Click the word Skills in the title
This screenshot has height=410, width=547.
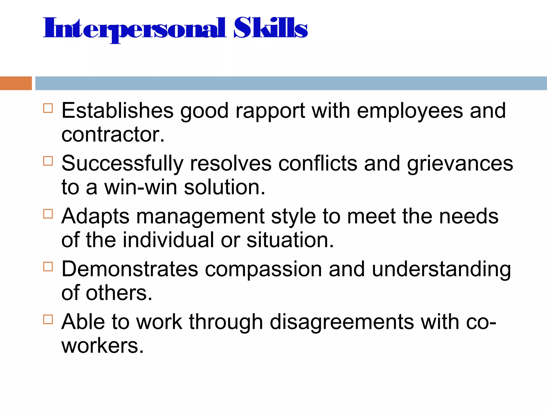(x=271, y=28)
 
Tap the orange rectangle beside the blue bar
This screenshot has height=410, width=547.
(x=16, y=83)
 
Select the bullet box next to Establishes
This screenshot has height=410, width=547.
(x=48, y=108)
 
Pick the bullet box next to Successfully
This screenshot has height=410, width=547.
(x=48, y=161)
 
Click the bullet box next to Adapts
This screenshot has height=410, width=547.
(x=48, y=214)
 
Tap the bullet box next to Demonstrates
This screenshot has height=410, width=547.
(x=48, y=266)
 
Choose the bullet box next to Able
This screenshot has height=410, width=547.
(x=48, y=319)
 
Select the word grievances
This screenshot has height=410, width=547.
(x=460, y=164)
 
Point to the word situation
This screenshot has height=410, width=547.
(x=290, y=240)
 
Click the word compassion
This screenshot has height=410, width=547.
(x=263, y=269)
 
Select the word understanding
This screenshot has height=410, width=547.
(x=441, y=269)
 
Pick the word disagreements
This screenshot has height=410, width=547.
(x=342, y=322)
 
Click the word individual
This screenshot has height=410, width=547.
(x=168, y=240)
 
